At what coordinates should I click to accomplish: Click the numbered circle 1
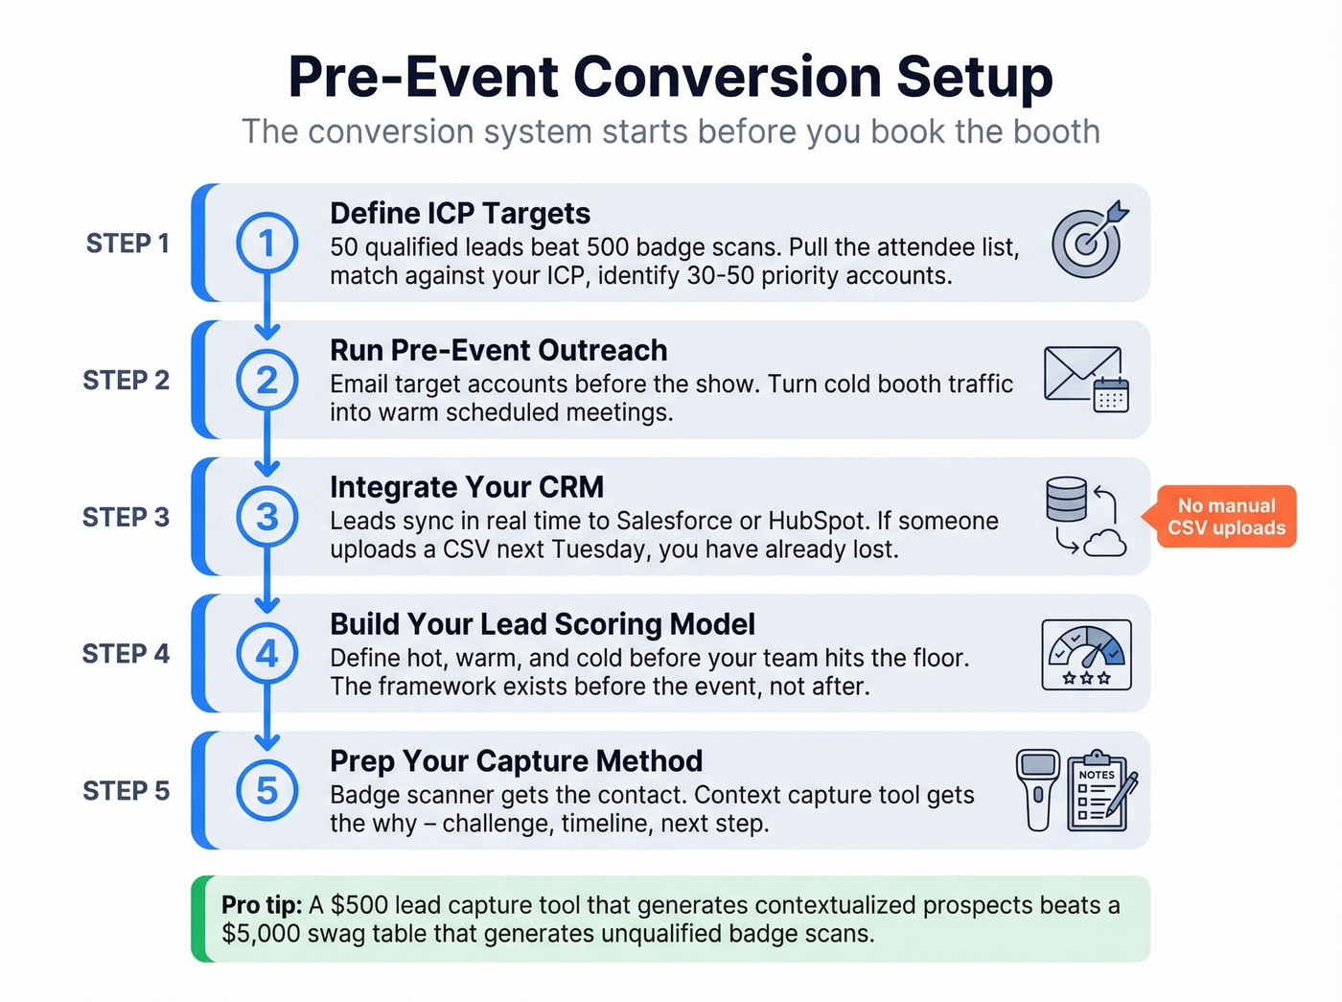267,243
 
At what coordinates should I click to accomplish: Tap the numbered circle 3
267,517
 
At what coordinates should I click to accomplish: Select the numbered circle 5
267,791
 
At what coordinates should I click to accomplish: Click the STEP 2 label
126,381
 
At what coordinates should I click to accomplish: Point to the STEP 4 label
126,654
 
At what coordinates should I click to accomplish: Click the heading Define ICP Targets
459,213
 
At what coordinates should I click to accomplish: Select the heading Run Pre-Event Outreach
498,350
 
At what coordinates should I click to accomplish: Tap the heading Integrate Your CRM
467,487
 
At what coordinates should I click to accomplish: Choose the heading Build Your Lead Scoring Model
543,624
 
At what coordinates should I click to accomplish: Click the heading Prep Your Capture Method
516,761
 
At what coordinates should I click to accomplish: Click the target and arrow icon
1089,240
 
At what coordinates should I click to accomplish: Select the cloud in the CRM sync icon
1105,544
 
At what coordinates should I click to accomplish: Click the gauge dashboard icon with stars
1086,655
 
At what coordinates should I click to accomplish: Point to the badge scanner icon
1038,789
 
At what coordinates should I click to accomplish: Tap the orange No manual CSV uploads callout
1226,517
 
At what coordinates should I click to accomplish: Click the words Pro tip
262,905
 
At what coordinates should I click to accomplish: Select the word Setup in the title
974,77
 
